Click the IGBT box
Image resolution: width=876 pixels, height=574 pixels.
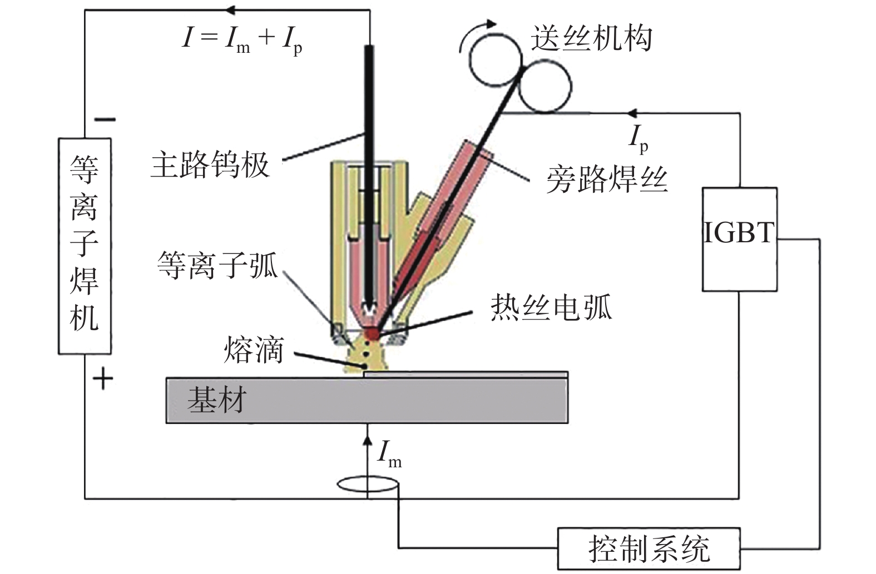pyautogui.click(x=739, y=239)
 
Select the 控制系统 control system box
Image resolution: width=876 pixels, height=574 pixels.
pyautogui.click(x=649, y=548)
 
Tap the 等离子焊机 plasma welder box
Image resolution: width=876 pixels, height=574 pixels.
pyautogui.click(x=85, y=245)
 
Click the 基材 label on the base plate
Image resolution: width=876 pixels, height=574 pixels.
pyautogui.click(x=216, y=400)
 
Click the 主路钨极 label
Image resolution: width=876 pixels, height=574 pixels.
pyautogui.click(x=210, y=164)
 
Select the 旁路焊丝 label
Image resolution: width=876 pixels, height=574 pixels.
pyautogui.click(x=606, y=179)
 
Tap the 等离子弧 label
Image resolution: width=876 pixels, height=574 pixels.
pyautogui.click(x=217, y=264)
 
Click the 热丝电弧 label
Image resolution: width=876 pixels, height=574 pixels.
pyautogui.click(x=551, y=307)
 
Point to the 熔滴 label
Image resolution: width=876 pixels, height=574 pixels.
pyautogui.click(x=254, y=350)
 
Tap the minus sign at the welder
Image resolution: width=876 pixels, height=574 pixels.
pyautogui.click(x=104, y=119)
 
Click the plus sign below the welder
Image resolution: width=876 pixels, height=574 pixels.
pyautogui.click(x=102, y=380)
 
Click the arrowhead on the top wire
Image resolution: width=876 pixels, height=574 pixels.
pyautogui.click(x=230, y=9)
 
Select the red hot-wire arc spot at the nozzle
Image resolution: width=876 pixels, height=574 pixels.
pyautogui.click(x=372, y=333)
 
